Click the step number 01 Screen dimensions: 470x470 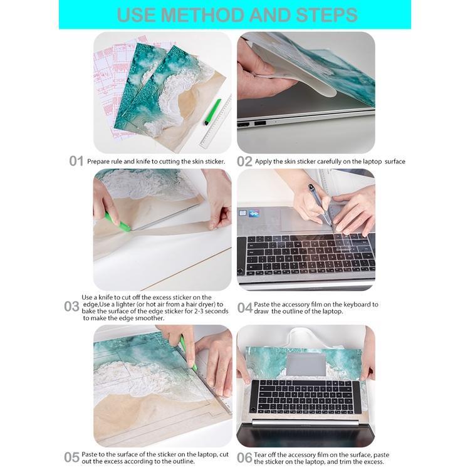tap(76, 161)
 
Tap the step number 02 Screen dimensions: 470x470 tap(244, 161)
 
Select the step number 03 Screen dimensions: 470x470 tap(71, 306)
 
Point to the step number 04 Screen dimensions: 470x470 tap(244, 308)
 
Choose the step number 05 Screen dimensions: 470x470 tap(71, 457)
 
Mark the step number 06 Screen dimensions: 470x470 tap(244, 457)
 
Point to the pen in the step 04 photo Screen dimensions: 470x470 tap(320, 204)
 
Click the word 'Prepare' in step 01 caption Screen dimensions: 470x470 tap(99, 162)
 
